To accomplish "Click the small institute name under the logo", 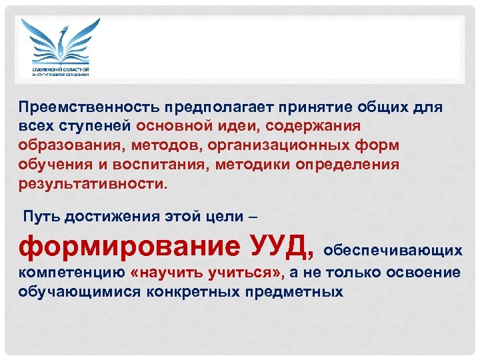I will tap(61, 71).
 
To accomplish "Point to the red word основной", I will tap(170, 126).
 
